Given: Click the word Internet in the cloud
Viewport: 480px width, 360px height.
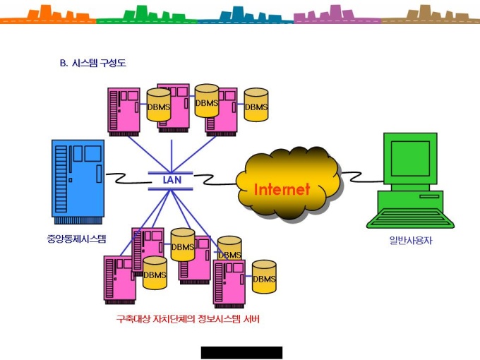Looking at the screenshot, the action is tap(282, 189).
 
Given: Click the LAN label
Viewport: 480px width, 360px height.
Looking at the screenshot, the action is tap(172, 180).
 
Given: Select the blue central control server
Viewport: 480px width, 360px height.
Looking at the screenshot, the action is tap(78, 182).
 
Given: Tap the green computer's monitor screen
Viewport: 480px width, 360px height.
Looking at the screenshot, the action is tap(410, 158).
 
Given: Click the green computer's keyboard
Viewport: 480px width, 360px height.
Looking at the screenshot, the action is tap(410, 218).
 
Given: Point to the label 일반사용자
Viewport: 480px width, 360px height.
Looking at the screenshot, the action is tap(411, 240).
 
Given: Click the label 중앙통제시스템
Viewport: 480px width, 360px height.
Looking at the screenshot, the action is tap(76, 239).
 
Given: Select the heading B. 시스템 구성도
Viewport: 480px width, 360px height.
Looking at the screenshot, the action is tap(92, 63).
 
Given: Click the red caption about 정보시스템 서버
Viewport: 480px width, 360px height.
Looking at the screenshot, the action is tap(188, 319).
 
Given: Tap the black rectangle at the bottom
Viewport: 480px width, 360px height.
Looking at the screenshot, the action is tap(241, 353).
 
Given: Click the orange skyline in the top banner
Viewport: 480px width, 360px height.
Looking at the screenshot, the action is tap(48, 14).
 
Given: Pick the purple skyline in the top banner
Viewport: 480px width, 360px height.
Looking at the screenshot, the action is tap(337, 14).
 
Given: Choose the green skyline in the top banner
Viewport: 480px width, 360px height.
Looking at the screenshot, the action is tap(147, 14).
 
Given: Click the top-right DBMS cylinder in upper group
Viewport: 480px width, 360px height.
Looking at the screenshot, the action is tap(256, 104).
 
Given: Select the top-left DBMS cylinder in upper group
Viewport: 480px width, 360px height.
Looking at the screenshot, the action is tap(159, 104).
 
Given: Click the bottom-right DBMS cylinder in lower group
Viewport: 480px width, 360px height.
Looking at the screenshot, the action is tap(264, 277).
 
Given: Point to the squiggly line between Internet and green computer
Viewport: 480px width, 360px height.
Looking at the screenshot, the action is tap(362, 177).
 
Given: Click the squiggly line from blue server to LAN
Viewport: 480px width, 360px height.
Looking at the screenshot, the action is tap(128, 179).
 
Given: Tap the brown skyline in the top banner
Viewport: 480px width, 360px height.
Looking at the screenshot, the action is tap(431, 14).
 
